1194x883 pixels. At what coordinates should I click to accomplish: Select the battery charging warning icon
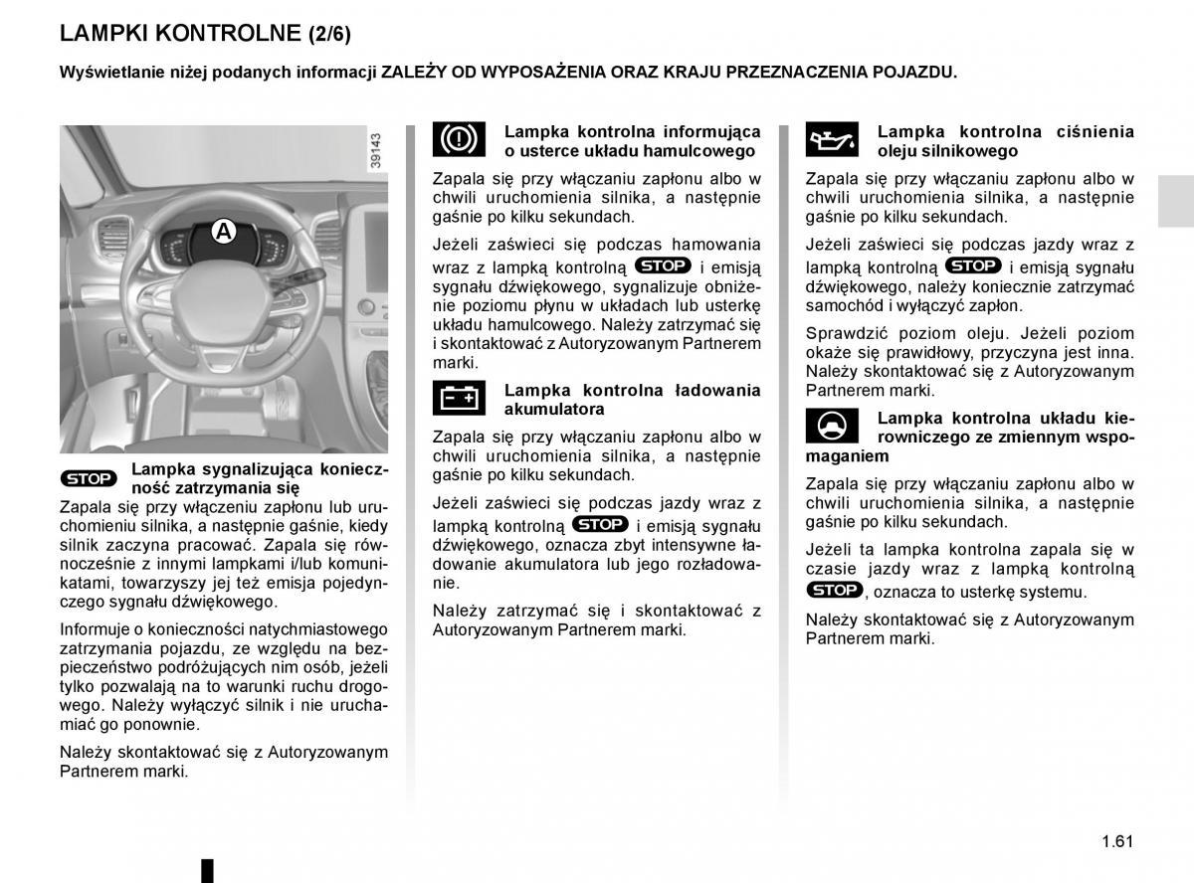pos(459,398)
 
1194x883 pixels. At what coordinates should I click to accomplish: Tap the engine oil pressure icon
pos(832,140)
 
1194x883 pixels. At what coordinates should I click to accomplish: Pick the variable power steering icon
pos(832,426)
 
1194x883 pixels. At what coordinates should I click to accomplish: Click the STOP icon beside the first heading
pos(89,478)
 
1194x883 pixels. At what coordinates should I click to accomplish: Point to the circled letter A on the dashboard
pos(224,232)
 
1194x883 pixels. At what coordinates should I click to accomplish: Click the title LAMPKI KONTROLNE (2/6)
pos(205,33)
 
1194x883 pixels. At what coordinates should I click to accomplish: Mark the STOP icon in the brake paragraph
pos(663,265)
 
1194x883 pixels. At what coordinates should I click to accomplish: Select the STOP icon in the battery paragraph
pos(600,524)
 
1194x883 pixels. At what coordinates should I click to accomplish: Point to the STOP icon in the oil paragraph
pos(973,265)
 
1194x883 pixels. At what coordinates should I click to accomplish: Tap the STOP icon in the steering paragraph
pos(834,590)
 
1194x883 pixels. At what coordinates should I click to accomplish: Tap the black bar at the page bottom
pos(208,869)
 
